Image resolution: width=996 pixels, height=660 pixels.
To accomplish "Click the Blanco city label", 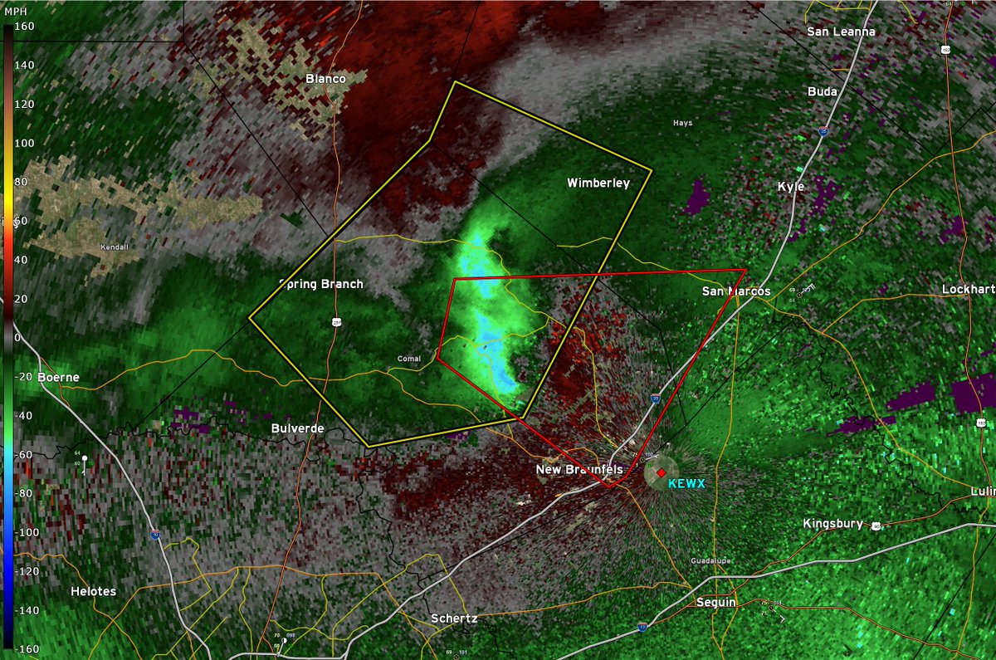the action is pyautogui.click(x=325, y=79).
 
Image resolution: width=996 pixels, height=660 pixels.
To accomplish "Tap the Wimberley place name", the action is pyautogui.click(x=598, y=183).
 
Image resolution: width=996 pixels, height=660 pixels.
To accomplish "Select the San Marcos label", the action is pyautogui.click(x=735, y=291).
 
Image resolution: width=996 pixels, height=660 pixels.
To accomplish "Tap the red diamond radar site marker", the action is pyautogui.click(x=661, y=472).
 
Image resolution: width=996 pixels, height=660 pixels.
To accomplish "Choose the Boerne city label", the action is pyautogui.click(x=58, y=377).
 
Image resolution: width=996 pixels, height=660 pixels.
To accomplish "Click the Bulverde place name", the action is pyautogui.click(x=297, y=428).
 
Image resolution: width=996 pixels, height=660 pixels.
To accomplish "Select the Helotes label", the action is pyautogui.click(x=93, y=592).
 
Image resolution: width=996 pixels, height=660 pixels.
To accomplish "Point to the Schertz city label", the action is pyautogui.click(x=454, y=618).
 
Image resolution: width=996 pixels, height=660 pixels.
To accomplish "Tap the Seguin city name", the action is pyautogui.click(x=715, y=602).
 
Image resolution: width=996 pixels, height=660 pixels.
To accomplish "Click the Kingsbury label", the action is pyautogui.click(x=833, y=524).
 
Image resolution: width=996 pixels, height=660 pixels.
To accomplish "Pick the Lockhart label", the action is pyautogui.click(x=968, y=290).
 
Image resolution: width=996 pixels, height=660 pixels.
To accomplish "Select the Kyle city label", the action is pyautogui.click(x=790, y=187).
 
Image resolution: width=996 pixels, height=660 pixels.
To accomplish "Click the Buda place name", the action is pyautogui.click(x=823, y=92).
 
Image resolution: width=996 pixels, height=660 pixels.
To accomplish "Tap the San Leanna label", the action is pyautogui.click(x=842, y=32).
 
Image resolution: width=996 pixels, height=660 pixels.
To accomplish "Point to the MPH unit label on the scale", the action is pyautogui.click(x=17, y=11).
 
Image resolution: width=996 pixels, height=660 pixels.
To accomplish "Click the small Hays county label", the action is pyautogui.click(x=681, y=123).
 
